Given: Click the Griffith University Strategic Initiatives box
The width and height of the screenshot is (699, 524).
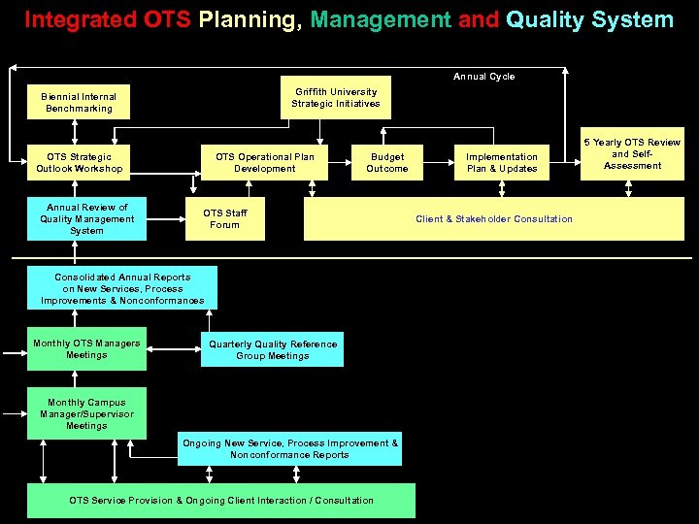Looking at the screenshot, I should [336, 98].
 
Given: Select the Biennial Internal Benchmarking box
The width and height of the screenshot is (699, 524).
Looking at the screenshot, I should [79, 103].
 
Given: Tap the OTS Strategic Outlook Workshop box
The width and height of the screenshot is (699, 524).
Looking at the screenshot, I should [80, 163].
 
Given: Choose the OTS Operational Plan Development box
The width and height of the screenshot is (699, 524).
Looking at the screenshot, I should [265, 163].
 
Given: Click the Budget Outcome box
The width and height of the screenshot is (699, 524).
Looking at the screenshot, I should [387, 163].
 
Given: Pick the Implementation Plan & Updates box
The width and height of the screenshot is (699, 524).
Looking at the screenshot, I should [502, 163].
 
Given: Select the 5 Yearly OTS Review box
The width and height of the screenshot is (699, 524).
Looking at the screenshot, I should [632, 154].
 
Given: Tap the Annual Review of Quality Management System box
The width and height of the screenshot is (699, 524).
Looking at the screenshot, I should [86, 219].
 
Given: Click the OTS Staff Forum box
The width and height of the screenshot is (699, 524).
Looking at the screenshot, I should [225, 219].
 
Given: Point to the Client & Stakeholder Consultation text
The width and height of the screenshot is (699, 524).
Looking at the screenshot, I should [494, 219].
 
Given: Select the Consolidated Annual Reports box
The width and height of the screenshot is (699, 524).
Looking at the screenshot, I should [122, 289].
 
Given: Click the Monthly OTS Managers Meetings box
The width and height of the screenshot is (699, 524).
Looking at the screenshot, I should [86, 349].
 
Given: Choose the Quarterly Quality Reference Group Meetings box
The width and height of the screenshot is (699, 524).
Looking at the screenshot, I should [273, 350].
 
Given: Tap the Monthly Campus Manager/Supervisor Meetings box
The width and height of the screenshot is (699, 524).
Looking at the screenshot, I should [86, 414].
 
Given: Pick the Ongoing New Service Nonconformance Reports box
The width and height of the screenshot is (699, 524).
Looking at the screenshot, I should [289, 449].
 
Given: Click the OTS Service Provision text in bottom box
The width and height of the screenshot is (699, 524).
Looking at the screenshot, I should [221, 501].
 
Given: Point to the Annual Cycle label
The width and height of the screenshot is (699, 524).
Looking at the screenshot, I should [484, 77].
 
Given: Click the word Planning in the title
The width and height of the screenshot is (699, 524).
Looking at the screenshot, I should [247, 19].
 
